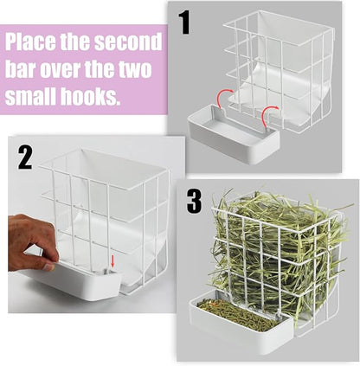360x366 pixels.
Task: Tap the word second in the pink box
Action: (129, 42)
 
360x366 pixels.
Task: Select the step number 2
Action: (26, 158)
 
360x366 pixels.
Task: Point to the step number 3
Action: (194, 201)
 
